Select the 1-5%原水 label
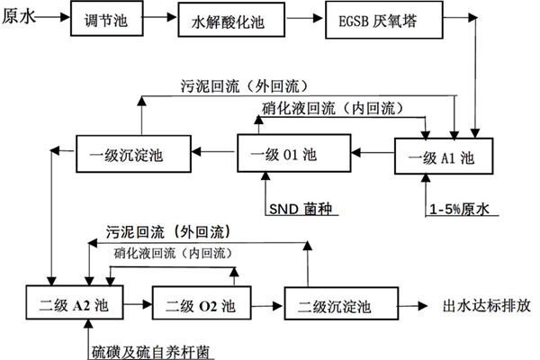[x=458, y=211]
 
